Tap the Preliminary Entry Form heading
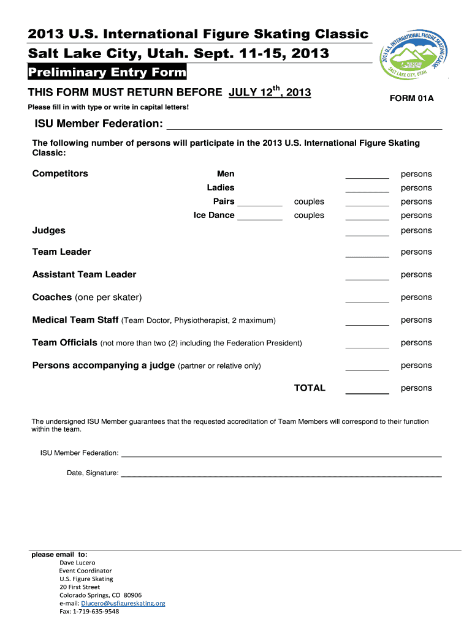click(107, 73)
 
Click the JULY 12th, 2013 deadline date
click(270, 92)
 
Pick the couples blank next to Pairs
click(259, 201)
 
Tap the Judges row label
click(49, 231)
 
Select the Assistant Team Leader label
click(84, 274)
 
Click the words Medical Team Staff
click(75, 320)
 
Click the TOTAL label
click(310, 388)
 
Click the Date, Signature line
click(281, 473)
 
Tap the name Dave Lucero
click(77, 563)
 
